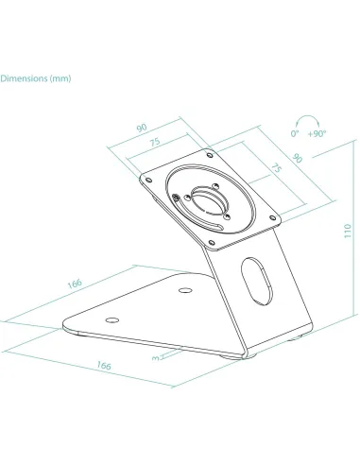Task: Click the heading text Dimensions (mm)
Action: pos(35,78)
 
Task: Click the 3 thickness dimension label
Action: pos(153,357)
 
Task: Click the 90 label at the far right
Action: pos(296,160)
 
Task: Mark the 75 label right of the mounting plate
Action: pos(274,166)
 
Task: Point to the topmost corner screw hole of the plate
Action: pos(203,151)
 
